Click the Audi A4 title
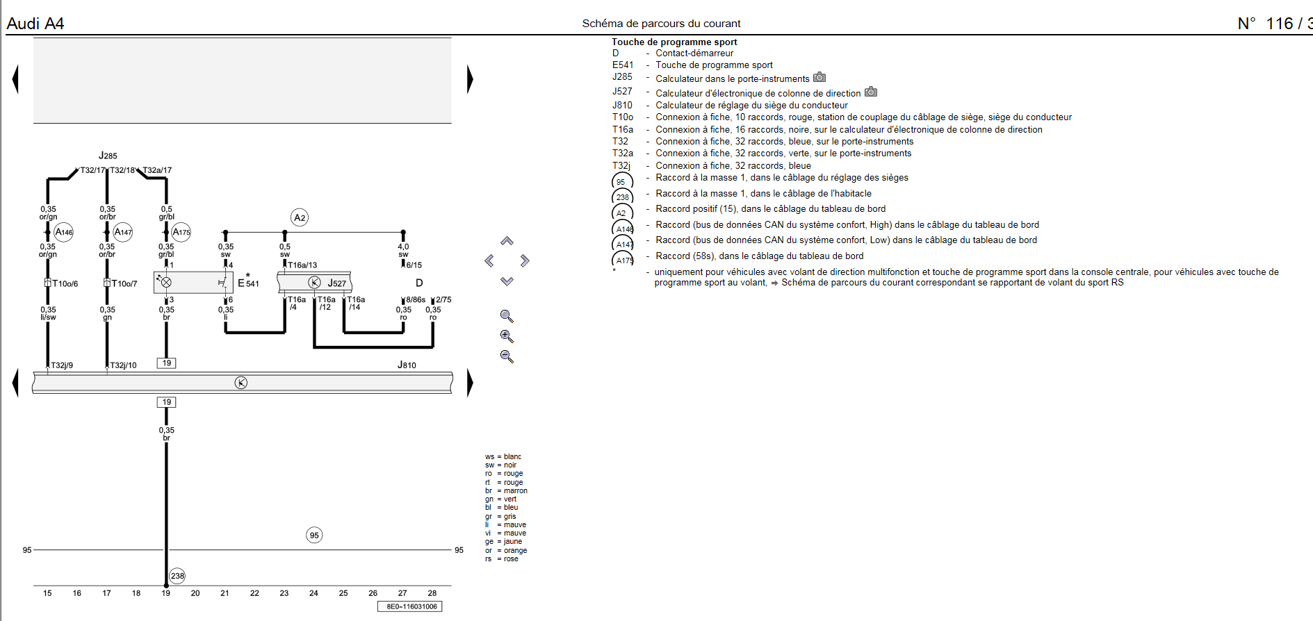[35, 24]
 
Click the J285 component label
[108, 156]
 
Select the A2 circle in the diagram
[300, 217]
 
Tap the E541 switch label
[248, 283]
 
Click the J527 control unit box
[315, 283]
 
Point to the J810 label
[407, 365]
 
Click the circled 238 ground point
[177, 576]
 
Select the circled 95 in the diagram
[314, 535]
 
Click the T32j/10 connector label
[123, 365]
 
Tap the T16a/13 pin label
[302, 265]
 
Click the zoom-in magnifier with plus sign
[507, 336]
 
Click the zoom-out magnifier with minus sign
[507, 356]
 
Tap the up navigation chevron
[507, 241]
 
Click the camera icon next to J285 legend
[819, 77]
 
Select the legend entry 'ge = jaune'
[503, 542]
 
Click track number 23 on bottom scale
[284, 593]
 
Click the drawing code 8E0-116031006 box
[410, 606]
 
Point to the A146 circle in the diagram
[64, 232]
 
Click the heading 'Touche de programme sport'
[674, 42]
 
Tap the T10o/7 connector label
[124, 283]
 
